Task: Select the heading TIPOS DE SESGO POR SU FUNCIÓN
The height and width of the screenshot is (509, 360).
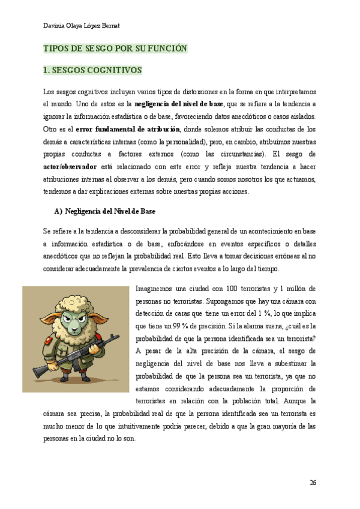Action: (116, 49)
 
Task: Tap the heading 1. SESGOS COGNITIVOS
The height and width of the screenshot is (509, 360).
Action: (93, 70)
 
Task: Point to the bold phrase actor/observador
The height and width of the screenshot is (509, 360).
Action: (70, 166)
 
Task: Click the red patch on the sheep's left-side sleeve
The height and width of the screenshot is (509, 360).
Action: (56, 343)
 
